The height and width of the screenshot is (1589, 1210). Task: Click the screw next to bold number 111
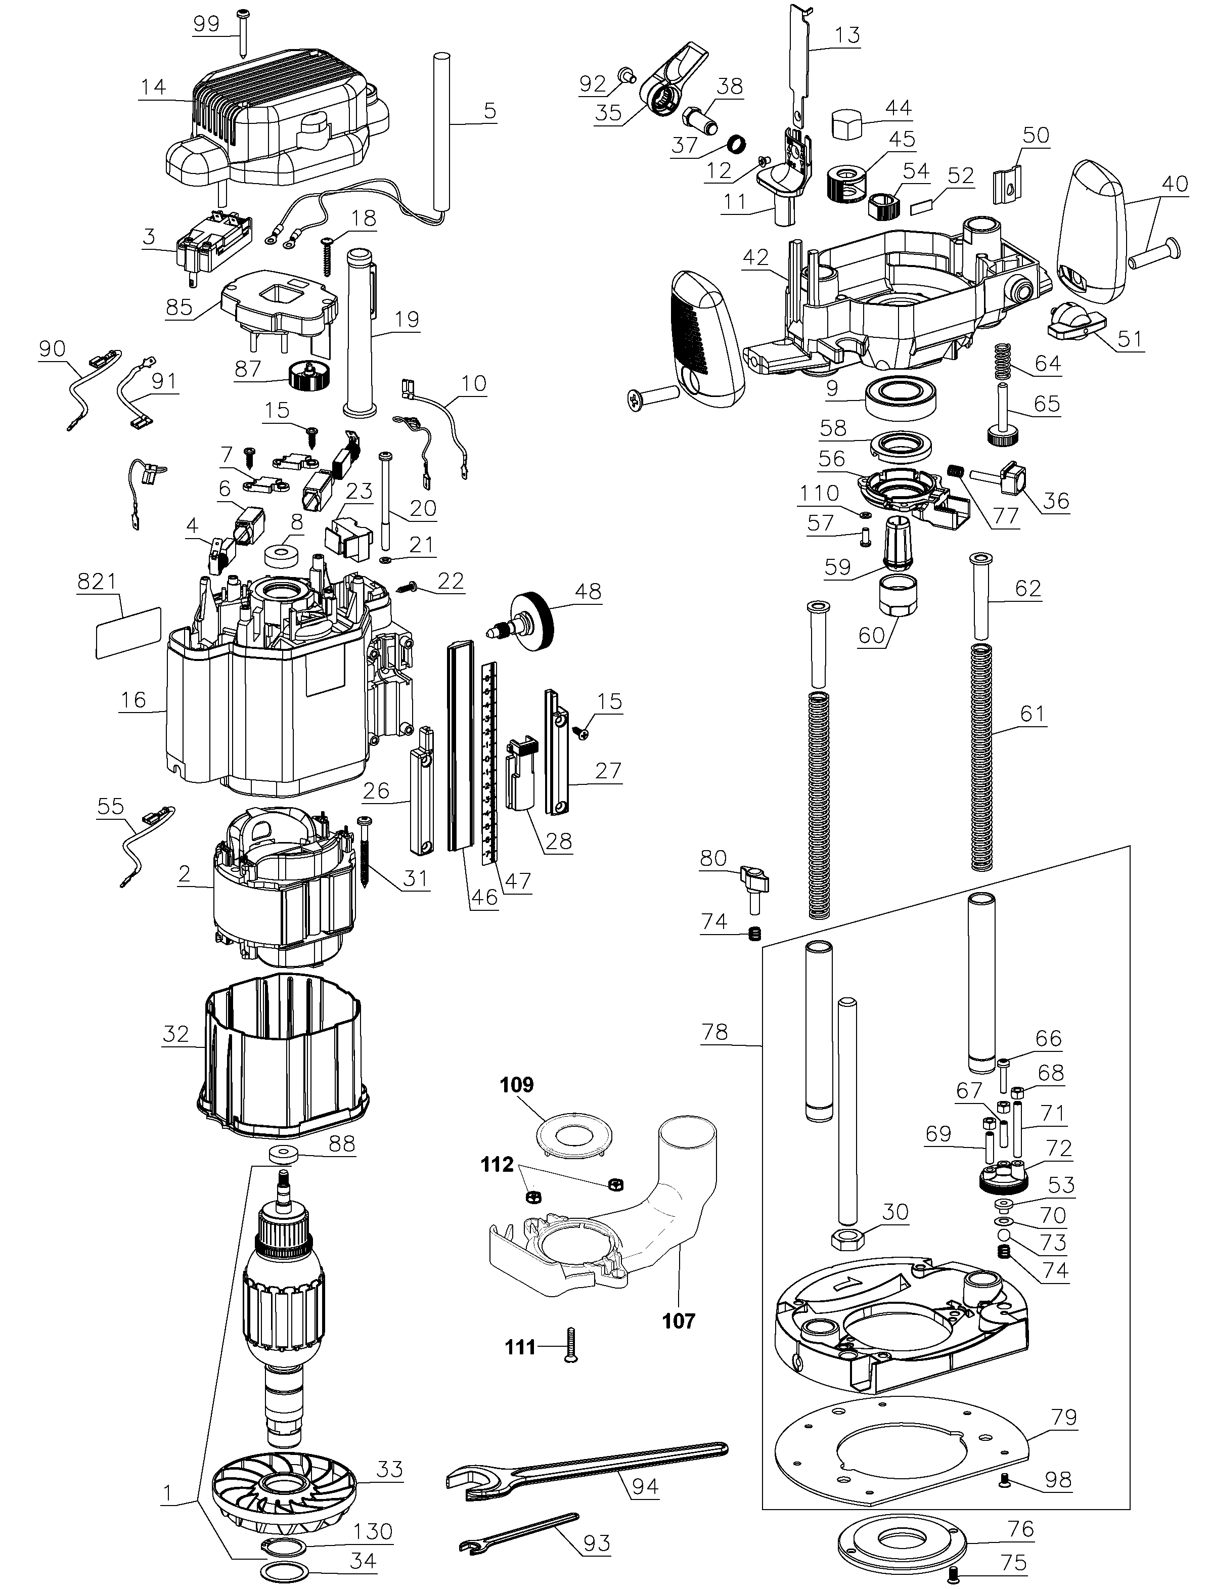[x=572, y=1346]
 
